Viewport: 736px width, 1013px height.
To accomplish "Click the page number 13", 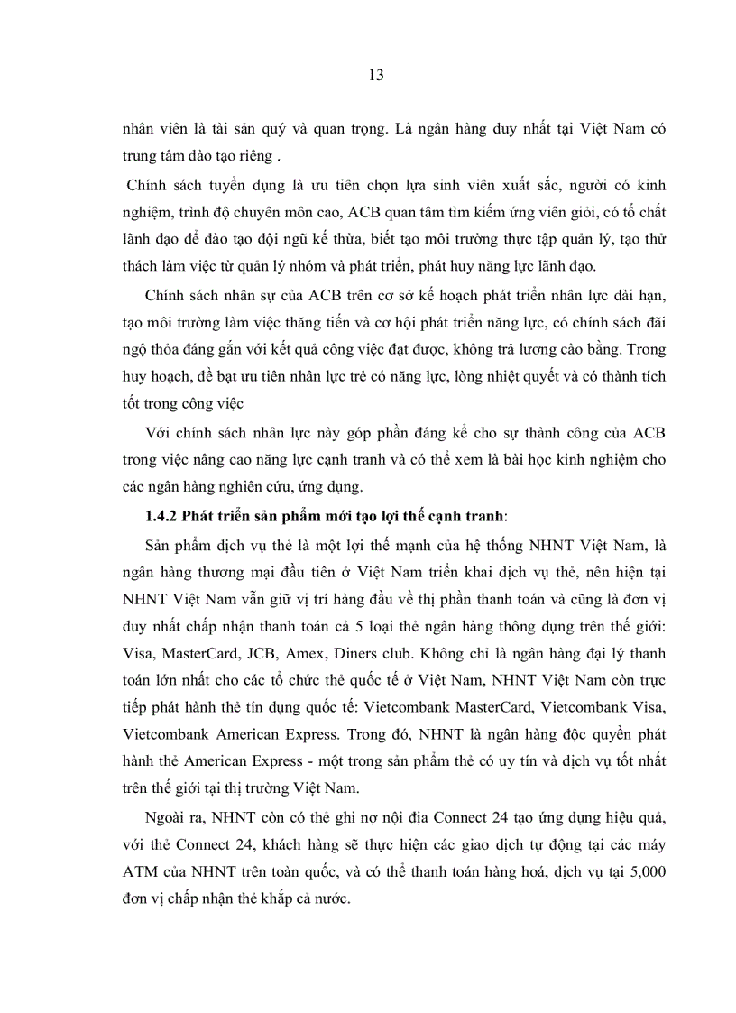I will click(376, 76).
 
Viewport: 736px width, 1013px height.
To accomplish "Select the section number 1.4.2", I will click(161, 516).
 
